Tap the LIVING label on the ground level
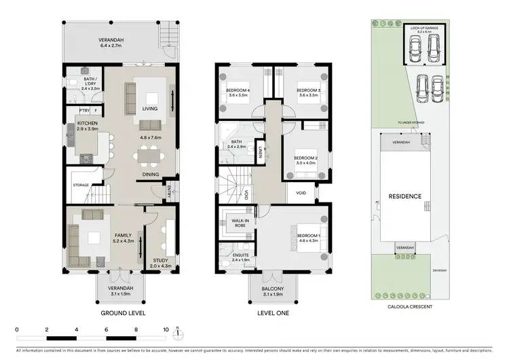(x=149, y=108)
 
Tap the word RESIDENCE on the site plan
(x=405, y=196)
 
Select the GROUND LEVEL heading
(x=123, y=313)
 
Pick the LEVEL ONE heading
(x=273, y=313)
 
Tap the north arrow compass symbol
(x=176, y=334)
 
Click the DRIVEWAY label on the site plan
(x=440, y=269)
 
